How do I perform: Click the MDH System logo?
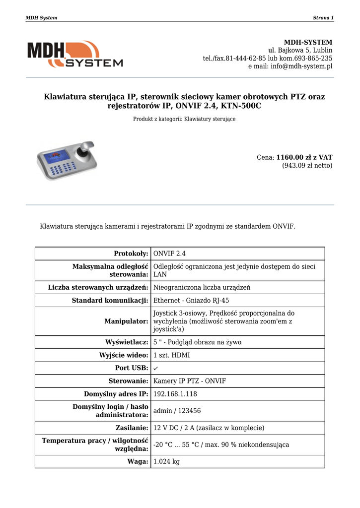74,55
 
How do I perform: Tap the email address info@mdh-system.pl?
301,66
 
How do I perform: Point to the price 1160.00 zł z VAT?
304,157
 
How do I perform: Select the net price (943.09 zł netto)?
307,166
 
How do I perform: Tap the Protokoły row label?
131,254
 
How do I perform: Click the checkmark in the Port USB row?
156,368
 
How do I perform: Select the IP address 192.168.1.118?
175,394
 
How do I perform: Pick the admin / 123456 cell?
177,411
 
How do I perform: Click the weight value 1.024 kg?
166,461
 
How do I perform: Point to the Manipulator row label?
126,321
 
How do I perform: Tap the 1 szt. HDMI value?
171,355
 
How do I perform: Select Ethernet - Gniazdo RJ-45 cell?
191,301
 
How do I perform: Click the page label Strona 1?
323,18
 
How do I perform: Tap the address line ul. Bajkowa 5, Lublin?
300,51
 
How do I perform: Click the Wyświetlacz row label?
127,342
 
